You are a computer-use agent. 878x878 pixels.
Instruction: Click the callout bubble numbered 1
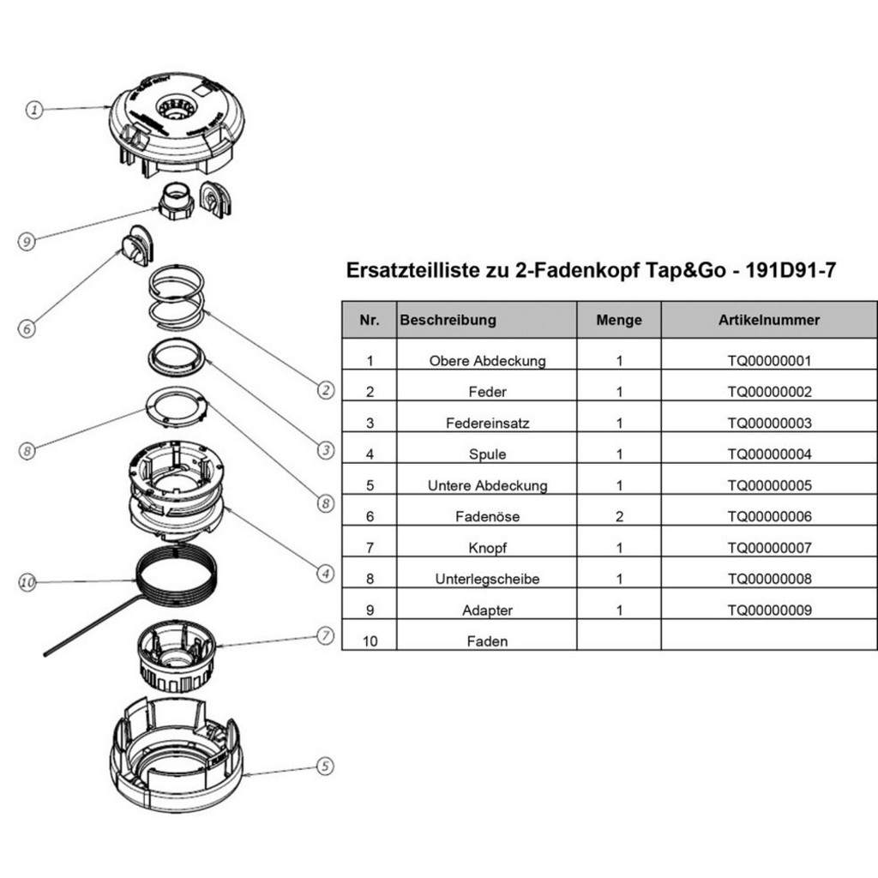click(33, 110)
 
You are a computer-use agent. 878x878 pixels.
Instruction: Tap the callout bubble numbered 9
click(27, 242)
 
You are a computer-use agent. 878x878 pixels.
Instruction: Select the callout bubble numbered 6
click(27, 328)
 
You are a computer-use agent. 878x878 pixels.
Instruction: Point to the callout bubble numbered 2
click(325, 390)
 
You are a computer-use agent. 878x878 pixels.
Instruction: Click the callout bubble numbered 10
click(27, 582)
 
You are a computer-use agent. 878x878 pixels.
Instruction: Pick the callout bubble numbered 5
click(324, 767)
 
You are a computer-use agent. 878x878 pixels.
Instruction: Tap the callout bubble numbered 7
click(324, 635)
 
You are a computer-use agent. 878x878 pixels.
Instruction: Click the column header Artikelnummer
click(768, 320)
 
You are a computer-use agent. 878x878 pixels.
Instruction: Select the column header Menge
click(619, 320)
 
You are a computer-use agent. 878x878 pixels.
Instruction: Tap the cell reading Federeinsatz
click(487, 424)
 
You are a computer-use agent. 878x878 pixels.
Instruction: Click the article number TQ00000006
click(768, 517)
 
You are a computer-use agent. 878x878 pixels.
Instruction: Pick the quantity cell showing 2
click(619, 517)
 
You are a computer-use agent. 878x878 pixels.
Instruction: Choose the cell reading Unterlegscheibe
click(487, 580)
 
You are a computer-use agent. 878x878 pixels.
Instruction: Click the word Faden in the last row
click(487, 641)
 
